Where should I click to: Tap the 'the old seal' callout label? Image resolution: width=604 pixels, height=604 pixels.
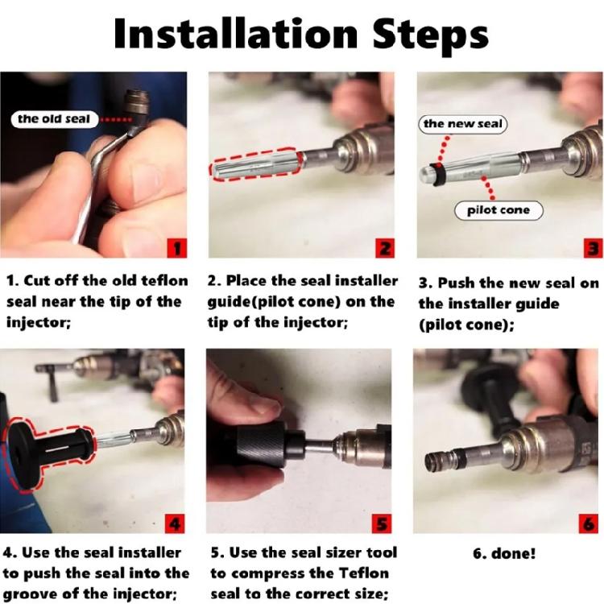[54, 119]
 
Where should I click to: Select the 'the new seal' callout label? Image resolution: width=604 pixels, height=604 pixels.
[462, 123]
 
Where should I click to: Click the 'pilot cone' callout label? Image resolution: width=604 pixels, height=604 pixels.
[498, 210]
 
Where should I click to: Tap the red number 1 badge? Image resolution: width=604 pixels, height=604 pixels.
[177, 247]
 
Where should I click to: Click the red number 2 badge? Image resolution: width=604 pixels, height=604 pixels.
[385, 247]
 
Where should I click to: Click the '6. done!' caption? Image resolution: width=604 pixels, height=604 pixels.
[503, 553]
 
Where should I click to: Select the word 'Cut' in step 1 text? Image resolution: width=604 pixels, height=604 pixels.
[37, 281]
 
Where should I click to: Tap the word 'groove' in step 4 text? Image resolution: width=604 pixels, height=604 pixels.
[31, 594]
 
